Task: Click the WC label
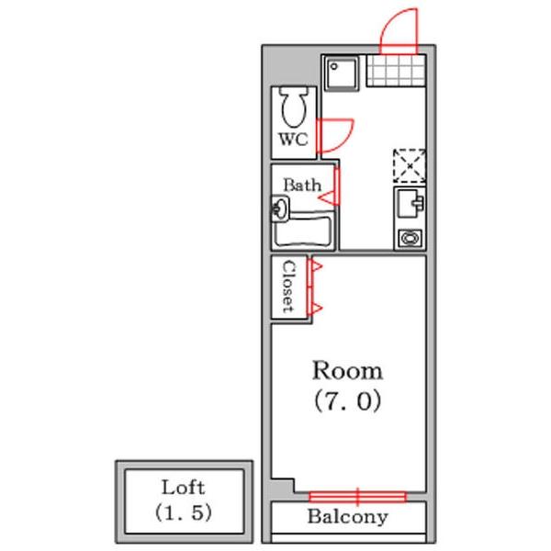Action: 294,140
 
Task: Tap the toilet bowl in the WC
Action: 294,107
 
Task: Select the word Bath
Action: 302,185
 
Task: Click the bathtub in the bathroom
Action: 303,231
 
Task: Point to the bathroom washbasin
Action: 280,208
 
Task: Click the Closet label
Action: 289,287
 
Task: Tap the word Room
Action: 347,371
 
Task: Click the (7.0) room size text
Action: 347,401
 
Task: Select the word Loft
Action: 183,488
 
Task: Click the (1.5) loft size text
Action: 183,512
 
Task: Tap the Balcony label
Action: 347,516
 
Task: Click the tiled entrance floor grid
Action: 396,71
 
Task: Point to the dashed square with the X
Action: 410,166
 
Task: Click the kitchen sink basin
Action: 410,205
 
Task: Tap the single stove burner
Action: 410,238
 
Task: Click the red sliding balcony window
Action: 358,497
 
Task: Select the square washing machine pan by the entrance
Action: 341,73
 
